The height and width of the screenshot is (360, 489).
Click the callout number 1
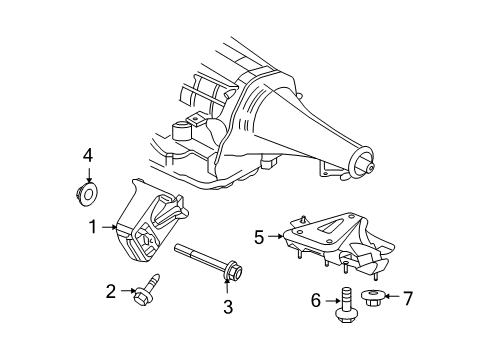coord(91,227)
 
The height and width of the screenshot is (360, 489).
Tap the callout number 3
coord(228,307)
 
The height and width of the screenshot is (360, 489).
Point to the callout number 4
coord(87,154)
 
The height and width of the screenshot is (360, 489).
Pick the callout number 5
coord(259,238)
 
